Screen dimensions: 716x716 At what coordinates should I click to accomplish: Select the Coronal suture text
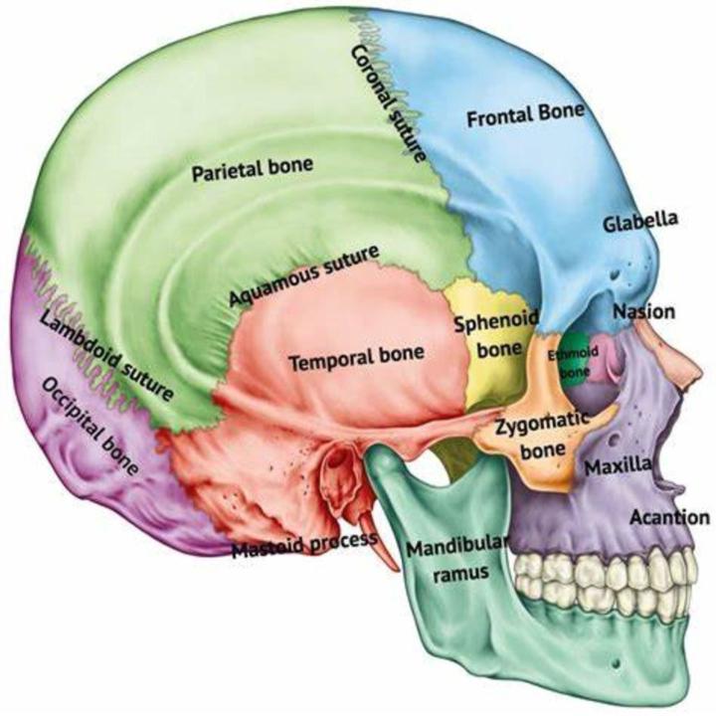pos(389,103)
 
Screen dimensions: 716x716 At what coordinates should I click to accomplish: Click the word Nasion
pos(643,312)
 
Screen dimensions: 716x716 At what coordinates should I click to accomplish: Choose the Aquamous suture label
pos(302,276)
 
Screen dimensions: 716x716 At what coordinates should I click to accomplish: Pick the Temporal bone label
pos(356,356)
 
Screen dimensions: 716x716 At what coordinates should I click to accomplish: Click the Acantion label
pos(669,517)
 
